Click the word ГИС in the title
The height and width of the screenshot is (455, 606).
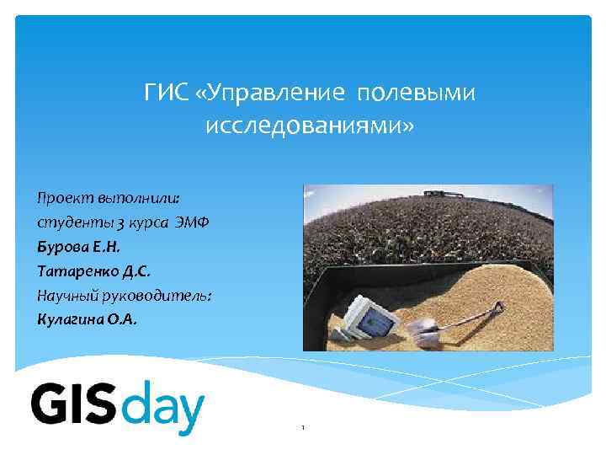tap(164, 92)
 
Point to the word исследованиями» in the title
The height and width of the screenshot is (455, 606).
tap(309, 127)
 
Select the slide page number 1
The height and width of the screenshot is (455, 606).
tap(302, 428)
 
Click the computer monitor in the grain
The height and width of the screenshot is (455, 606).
tap(370, 318)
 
